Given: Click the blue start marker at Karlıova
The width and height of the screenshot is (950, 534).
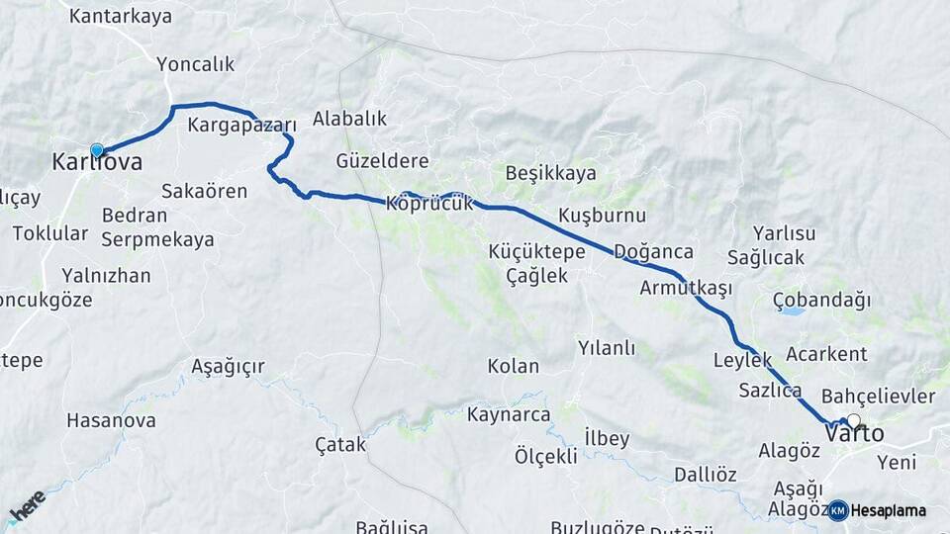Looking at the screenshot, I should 96,150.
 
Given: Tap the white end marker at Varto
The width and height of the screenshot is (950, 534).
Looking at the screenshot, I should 853,420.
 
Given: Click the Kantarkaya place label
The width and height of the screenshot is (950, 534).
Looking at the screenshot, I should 121,16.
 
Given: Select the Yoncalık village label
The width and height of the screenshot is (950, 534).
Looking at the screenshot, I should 196,64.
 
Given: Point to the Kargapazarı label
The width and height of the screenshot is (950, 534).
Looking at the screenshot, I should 242,126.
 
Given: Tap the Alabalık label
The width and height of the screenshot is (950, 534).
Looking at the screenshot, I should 349,119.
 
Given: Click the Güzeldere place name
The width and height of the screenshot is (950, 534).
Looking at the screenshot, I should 382,160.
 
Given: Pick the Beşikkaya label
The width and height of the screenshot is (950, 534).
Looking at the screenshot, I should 550,173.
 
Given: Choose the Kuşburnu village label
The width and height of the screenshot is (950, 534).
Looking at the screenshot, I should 602,215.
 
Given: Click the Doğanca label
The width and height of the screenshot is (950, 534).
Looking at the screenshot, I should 653,251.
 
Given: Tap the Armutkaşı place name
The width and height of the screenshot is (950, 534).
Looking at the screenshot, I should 686,288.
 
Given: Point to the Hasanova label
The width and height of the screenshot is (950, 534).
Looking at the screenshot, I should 111,420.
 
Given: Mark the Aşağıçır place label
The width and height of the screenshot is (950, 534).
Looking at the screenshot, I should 228,367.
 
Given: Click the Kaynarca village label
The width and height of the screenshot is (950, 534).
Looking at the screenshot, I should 509,414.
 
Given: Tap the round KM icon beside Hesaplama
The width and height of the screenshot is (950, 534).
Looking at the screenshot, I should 838,510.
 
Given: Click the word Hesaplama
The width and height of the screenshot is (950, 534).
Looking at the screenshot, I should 888,510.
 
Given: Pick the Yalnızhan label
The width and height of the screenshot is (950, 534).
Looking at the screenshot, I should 106,275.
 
